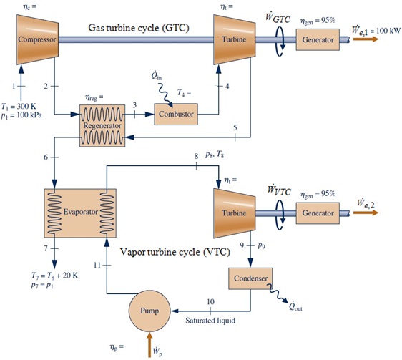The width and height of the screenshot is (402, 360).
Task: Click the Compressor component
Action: (37, 39)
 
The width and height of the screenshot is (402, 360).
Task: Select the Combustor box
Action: (176, 114)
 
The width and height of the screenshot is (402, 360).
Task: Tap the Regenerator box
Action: (102, 125)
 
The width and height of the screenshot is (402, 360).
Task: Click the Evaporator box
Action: (80, 213)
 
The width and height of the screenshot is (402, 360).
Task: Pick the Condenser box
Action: (250, 278)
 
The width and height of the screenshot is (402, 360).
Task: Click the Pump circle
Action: (149, 311)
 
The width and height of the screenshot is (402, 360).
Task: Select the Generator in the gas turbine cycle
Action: (318, 39)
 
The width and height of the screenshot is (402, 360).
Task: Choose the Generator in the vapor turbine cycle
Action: (318, 213)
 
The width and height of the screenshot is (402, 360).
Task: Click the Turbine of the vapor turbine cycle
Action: (235, 213)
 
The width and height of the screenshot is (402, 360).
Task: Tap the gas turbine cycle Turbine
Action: (235, 39)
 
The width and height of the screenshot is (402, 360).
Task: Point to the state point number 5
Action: (235, 127)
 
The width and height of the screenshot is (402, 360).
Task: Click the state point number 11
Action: (97, 265)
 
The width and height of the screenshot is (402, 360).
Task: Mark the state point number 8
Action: (196, 156)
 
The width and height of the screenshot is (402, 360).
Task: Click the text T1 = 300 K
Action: (19, 106)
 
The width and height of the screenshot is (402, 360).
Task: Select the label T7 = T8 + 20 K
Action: (54, 276)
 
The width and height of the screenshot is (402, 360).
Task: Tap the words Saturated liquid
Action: (210, 321)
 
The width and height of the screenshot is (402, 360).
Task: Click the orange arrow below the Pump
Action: (149, 344)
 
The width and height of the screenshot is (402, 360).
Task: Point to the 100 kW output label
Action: (376, 30)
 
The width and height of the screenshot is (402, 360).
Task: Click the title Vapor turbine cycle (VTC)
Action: (175, 252)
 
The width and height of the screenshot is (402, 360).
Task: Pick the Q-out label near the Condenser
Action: (295, 306)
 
